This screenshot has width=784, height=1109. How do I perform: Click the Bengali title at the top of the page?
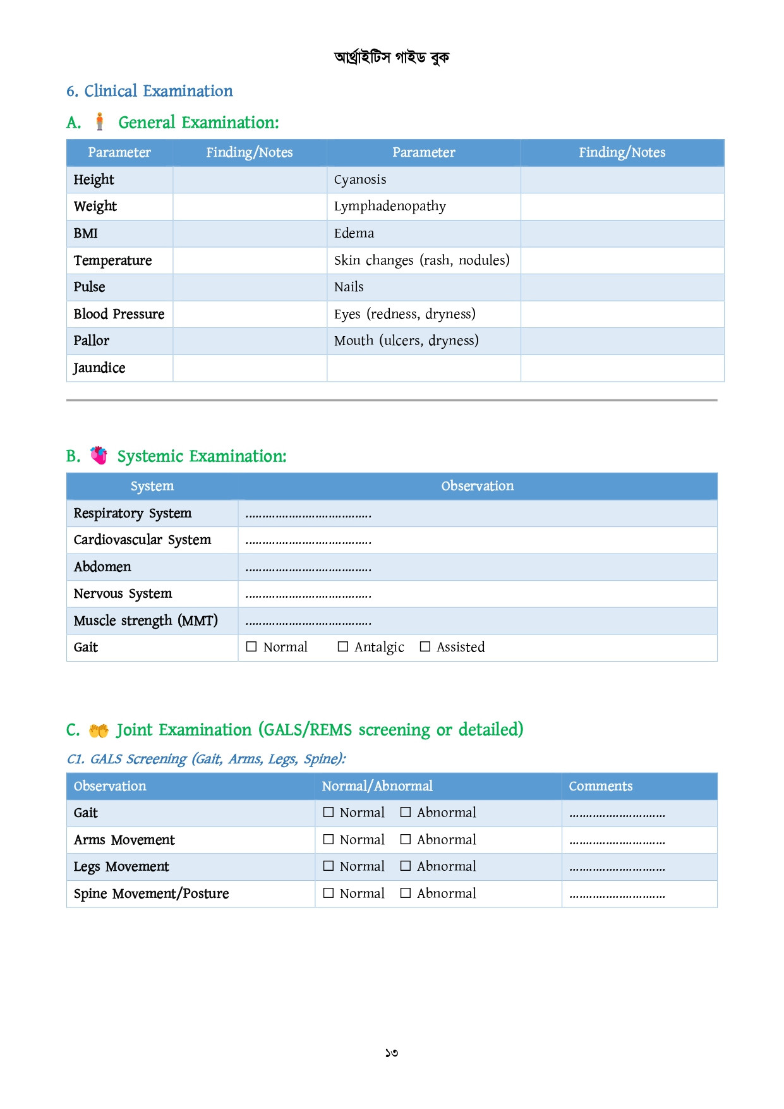coord(392,58)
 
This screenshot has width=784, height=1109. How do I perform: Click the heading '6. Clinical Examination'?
coord(150,91)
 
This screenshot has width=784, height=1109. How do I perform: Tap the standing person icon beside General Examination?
coord(99,121)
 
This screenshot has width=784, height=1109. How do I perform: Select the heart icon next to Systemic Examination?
coord(99,455)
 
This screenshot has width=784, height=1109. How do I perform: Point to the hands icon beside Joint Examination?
coord(99,730)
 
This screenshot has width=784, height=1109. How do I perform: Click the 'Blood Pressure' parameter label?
coord(119,314)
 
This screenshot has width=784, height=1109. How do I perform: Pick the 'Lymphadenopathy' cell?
coord(390,207)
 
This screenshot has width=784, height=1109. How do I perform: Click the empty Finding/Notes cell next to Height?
coord(250,180)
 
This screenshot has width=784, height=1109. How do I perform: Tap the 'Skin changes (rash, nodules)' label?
coord(421,260)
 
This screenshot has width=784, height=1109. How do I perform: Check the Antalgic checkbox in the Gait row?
coord(343,646)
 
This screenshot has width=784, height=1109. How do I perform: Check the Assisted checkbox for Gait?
coord(425,646)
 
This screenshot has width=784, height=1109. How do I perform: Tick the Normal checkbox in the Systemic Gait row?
coord(251,646)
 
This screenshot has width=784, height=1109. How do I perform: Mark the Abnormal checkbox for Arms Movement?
coord(406,839)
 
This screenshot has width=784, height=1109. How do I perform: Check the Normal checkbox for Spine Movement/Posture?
coord(329,893)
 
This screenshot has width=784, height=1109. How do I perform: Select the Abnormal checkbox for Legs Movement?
coord(406,866)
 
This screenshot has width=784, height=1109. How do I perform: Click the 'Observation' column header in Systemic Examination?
coord(477,486)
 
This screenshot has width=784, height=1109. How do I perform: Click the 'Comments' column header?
coord(600,786)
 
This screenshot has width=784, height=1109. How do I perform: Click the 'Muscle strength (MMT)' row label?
coord(145,621)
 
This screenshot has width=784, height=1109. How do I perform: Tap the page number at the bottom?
coord(392,1053)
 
